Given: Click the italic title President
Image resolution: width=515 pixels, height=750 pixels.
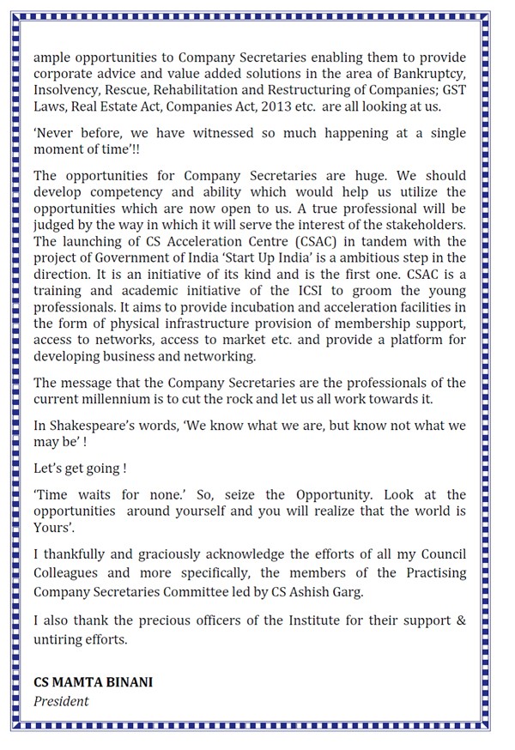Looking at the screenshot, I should coord(61,700).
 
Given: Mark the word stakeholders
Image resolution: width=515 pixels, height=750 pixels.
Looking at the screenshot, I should coord(422,225).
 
